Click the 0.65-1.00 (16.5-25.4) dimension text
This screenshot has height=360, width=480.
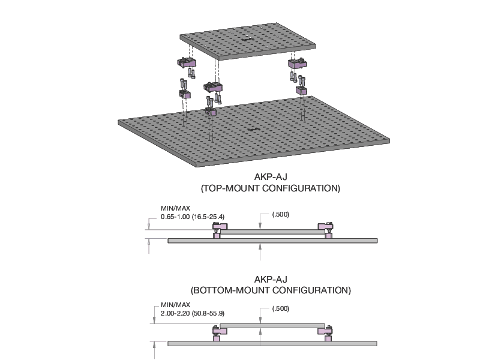(x=193, y=217)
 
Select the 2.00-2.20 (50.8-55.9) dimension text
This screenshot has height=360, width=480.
(x=193, y=313)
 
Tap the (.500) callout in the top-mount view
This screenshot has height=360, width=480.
(x=281, y=214)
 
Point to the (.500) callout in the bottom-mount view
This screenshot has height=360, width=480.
(x=281, y=308)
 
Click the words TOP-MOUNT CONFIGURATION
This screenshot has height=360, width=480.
(x=271, y=188)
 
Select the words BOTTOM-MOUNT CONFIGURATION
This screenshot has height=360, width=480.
(x=271, y=290)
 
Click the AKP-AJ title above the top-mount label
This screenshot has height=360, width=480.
(x=271, y=177)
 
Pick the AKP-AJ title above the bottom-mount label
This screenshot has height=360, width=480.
(x=271, y=279)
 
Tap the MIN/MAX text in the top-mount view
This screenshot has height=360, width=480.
(x=175, y=208)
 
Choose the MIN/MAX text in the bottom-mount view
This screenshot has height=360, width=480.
(x=175, y=305)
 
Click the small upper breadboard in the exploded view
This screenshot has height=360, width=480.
(x=248, y=41)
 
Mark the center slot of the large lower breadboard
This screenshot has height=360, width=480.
(x=254, y=130)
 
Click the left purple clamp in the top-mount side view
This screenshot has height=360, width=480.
(x=220, y=231)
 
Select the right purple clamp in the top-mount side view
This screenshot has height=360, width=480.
(x=325, y=231)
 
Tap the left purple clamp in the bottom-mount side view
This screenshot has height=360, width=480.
(x=220, y=334)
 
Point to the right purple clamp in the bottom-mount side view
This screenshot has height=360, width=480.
(x=325, y=334)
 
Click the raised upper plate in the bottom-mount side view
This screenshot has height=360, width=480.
(x=272, y=325)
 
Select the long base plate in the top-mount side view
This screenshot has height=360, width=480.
(x=272, y=241)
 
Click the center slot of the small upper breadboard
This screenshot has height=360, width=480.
(x=245, y=40)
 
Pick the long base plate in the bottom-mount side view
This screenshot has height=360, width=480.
(x=272, y=344)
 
